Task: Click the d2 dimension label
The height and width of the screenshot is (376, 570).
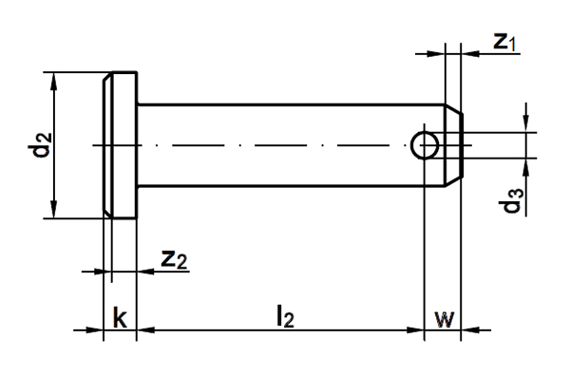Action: point(40,145)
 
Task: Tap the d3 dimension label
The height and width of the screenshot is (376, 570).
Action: point(511,201)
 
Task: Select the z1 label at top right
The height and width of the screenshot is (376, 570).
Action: point(504,41)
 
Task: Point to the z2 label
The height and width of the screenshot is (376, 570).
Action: point(174,260)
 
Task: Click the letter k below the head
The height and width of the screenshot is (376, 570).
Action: point(120,317)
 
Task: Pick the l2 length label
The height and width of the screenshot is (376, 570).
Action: point(285,316)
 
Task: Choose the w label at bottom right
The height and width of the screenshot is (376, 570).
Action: point(445,319)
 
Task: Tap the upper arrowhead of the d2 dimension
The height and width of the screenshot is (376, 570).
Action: point(54,81)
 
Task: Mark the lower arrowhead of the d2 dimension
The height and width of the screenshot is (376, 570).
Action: point(54,210)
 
